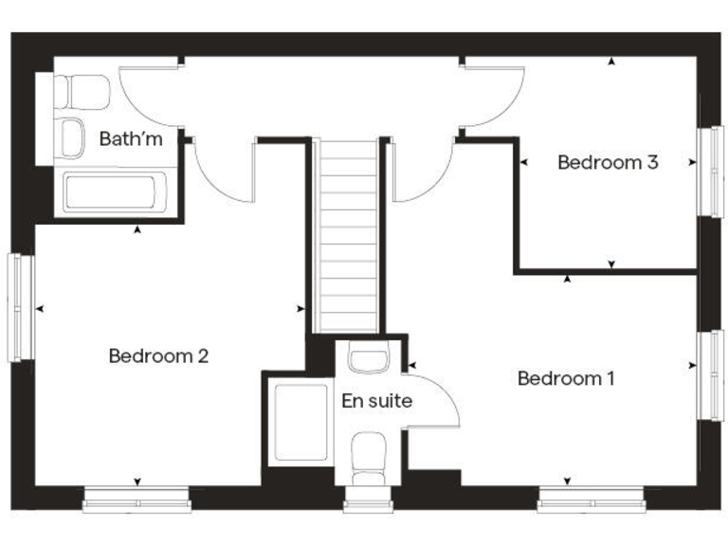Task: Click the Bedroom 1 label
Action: point(566,378)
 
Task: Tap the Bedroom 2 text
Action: point(158,356)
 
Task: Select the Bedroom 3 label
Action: point(607,162)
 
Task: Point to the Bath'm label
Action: point(131,139)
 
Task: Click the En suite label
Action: point(376,401)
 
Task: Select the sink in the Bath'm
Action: point(72,138)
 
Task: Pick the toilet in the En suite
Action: point(367,455)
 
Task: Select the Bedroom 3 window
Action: point(709,171)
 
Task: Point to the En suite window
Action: point(368,504)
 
